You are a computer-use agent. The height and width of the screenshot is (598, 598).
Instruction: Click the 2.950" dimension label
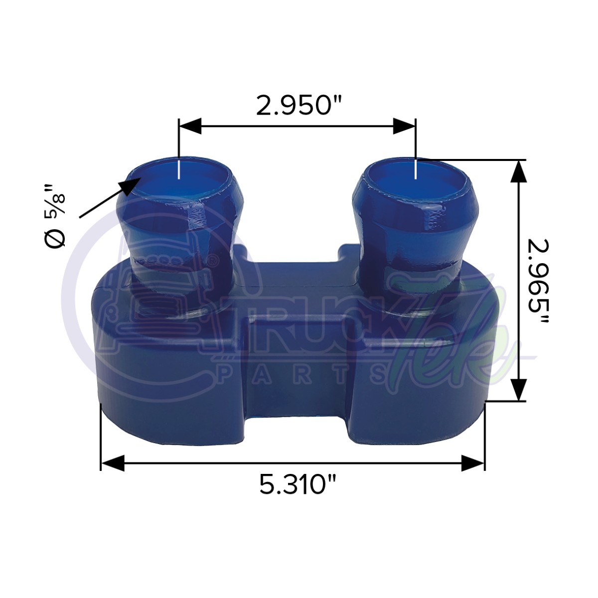click(299, 106)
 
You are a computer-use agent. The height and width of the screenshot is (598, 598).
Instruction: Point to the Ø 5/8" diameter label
click(55, 215)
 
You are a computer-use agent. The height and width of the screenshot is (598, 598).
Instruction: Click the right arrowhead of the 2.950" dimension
click(404, 126)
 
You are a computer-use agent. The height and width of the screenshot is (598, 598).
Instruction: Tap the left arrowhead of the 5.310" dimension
click(113, 463)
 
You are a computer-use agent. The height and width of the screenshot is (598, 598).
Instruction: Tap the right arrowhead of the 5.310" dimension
click(473, 463)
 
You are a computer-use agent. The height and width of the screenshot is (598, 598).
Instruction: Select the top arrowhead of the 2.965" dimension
click(519, 172)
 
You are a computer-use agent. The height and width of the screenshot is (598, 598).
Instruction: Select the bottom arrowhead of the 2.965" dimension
click(519, 389)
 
